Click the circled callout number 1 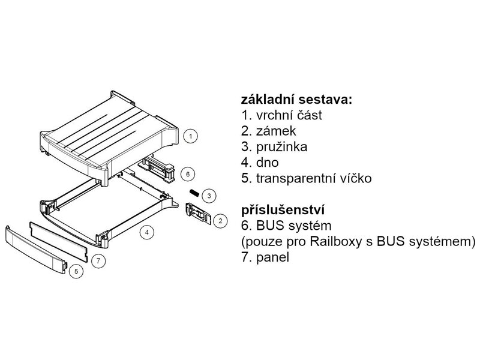[x=190, y=137]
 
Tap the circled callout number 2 [x=220, y=221]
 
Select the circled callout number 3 [x=208, y=196]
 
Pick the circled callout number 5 [x=76, y=271]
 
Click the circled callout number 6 [x=188, y=174]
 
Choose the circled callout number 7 [x=99, y=260]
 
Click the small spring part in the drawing [x=194, y=192]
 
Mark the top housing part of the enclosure [x=108, y=135]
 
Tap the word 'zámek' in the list [x=275, y=131]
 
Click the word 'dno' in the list [x=267, y=162]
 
